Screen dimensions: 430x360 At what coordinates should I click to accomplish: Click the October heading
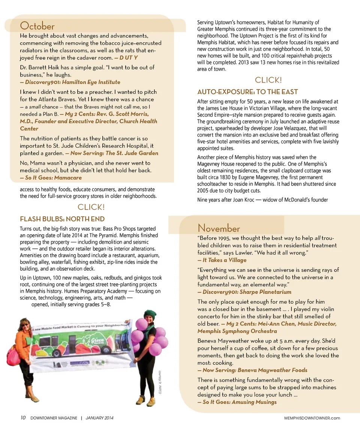[x=37, y=26]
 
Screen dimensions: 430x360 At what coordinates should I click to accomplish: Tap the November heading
[x=219, y=228]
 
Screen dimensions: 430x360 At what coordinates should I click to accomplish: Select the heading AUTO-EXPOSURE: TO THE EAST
[x=247, y=92]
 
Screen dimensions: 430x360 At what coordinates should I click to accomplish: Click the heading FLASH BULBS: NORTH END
[x=62, y=219]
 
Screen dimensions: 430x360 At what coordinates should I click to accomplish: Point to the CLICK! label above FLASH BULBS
[x=91, y=207]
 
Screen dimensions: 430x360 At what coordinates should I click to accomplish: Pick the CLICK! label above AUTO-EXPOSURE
[x=268, y=80]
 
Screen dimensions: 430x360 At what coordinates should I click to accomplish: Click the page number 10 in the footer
[x=23, y=418]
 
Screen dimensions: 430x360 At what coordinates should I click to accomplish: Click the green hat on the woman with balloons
[x=150, y=314]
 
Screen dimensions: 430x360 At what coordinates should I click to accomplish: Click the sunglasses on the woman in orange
[x=25, y=324]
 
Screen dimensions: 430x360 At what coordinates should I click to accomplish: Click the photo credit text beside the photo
[x=160, y=382]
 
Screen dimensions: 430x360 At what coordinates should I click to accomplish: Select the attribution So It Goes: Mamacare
[x=50, y=178]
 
